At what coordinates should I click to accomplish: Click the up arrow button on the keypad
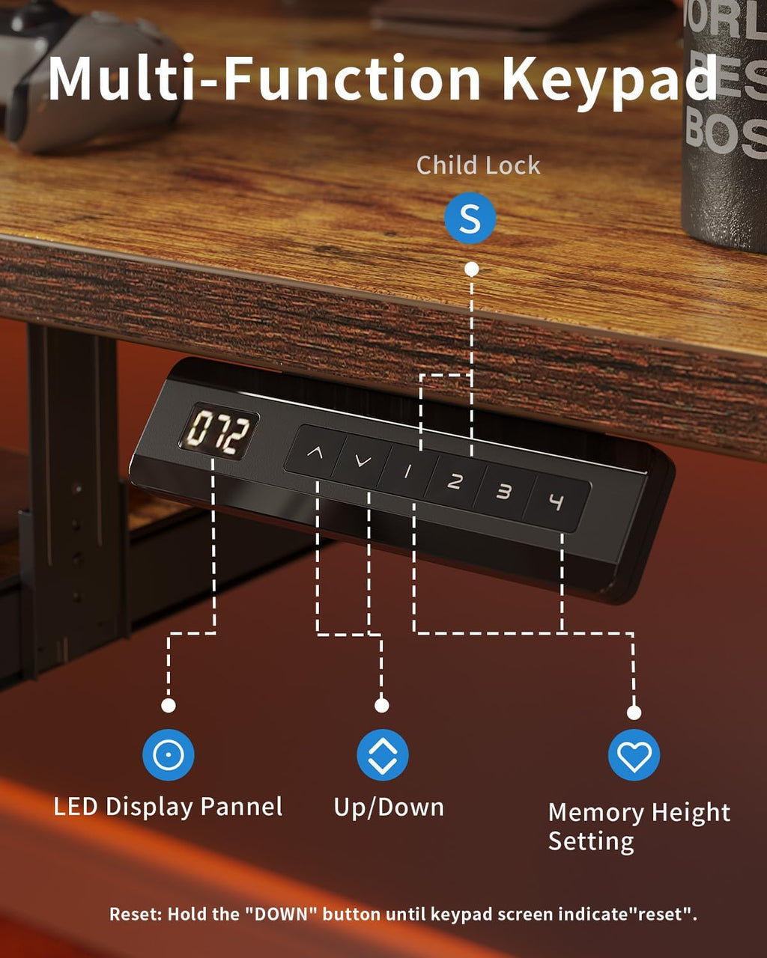[315, 452]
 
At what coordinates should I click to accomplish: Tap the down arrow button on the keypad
[363, 462]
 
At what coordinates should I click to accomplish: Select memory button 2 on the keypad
[455, 481]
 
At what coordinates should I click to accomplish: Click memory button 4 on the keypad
[557, 502]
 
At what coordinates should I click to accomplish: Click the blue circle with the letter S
[470, 218]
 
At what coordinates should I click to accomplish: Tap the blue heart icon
[634, 754]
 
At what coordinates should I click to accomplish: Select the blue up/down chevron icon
[383, 754]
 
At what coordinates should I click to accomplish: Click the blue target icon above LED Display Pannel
[168, 754]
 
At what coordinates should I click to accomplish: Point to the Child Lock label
[478, 165]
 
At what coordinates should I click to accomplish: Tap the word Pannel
[241, 806]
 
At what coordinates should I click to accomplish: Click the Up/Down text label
[389, 807]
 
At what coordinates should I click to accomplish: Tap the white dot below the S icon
[472, 269]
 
